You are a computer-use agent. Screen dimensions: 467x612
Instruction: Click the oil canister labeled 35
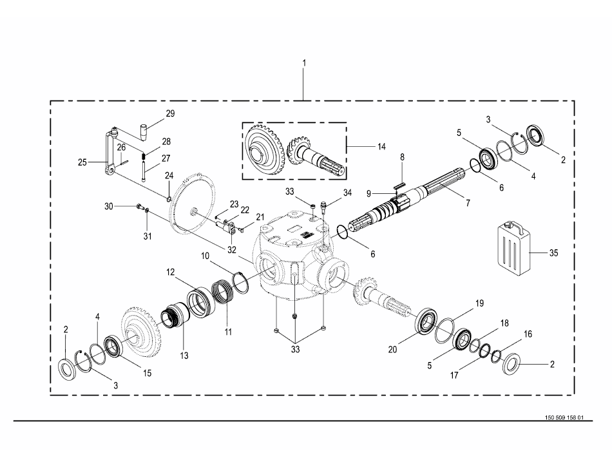[x=513, y=249]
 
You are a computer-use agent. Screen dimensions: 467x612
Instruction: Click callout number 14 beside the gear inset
[x=381, y=147]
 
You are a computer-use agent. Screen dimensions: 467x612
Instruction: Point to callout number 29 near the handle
[x=170, y=113]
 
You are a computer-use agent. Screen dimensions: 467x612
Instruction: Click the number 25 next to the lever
[x=82, y=162]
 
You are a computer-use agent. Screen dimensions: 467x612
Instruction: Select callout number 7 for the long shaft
[x=468, y=202]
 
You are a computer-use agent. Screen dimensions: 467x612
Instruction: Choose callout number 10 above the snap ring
[x=204, y=256]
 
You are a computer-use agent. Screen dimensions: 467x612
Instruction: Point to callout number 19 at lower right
[x=479, y=302]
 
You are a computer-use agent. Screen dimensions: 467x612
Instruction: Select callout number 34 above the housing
[x=347, y=192]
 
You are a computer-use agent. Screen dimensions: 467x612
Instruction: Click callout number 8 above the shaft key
[x=402, y=157]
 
